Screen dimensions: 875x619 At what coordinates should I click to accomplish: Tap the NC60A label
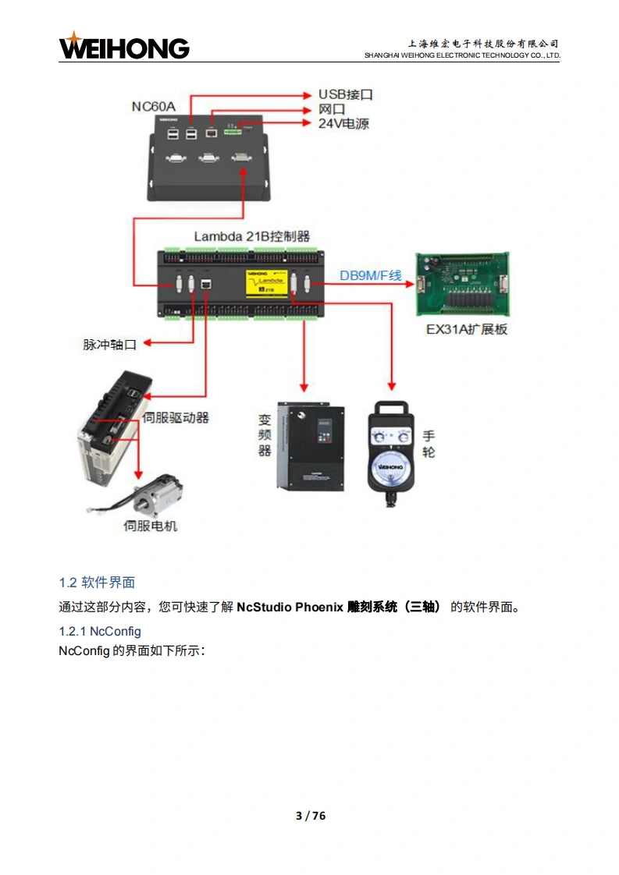pyautogui.click(x=154, y=105)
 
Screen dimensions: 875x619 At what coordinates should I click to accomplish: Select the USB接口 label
pyautogui.click(x=345, y=94)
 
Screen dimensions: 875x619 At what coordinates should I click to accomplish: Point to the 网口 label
pyautogui.click(x=331, y=109)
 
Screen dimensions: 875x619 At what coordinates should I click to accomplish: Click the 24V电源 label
pyautogui.click(x=343, y=123)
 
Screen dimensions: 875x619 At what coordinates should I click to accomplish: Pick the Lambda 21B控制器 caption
pyautogui.click(x=252, y=236)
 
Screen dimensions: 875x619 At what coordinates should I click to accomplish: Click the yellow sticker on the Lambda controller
pyautogui.click(x=266, y=282)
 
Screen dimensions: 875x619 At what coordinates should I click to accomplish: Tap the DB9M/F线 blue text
pyautogui.click(x=370, y=275)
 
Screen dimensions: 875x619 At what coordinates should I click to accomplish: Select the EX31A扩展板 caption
pyautogui.click(x=467, y=329)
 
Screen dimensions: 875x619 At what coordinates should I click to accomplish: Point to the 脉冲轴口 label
pyautogui.click(x=110, y=343)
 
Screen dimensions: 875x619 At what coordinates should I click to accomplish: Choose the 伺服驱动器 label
pyautogui.click(x=176, y=418)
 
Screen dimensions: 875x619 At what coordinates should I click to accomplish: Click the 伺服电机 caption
pyautogui.click(x=151, y=526)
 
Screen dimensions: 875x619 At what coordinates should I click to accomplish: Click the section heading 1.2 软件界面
pyautogui.click(x=97, y=583)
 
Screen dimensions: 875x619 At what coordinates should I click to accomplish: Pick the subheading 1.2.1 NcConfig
pyautogui.click(x=99, y=631)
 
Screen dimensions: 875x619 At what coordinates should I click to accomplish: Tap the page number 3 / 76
pyautogui.click(x=310, y=816)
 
